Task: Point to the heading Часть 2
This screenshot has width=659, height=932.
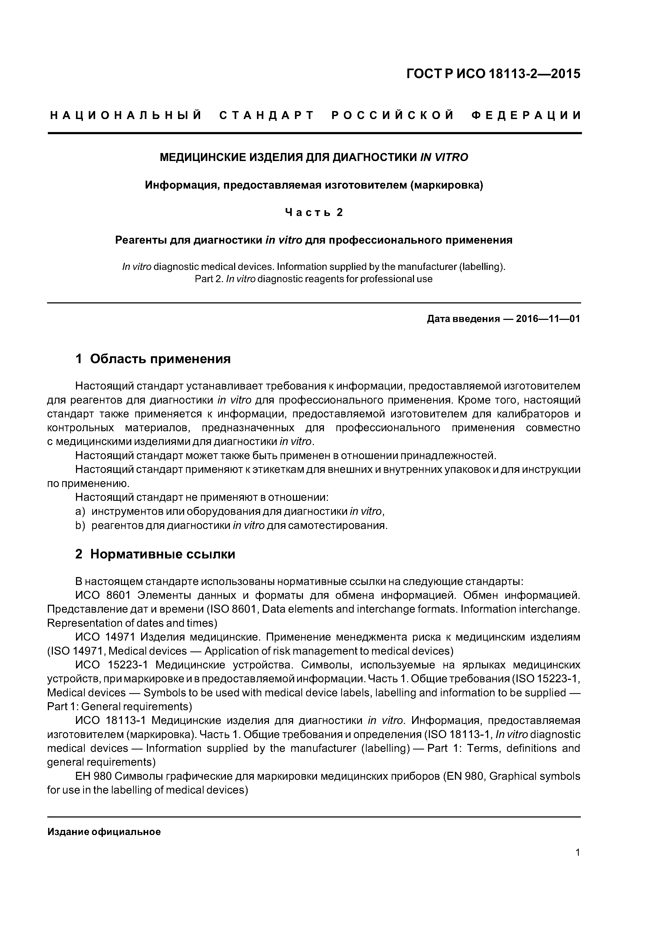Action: [314, 212]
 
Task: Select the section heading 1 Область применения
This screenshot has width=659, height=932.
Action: [153, 359]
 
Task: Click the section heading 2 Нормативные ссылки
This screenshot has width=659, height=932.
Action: [155, 554]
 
